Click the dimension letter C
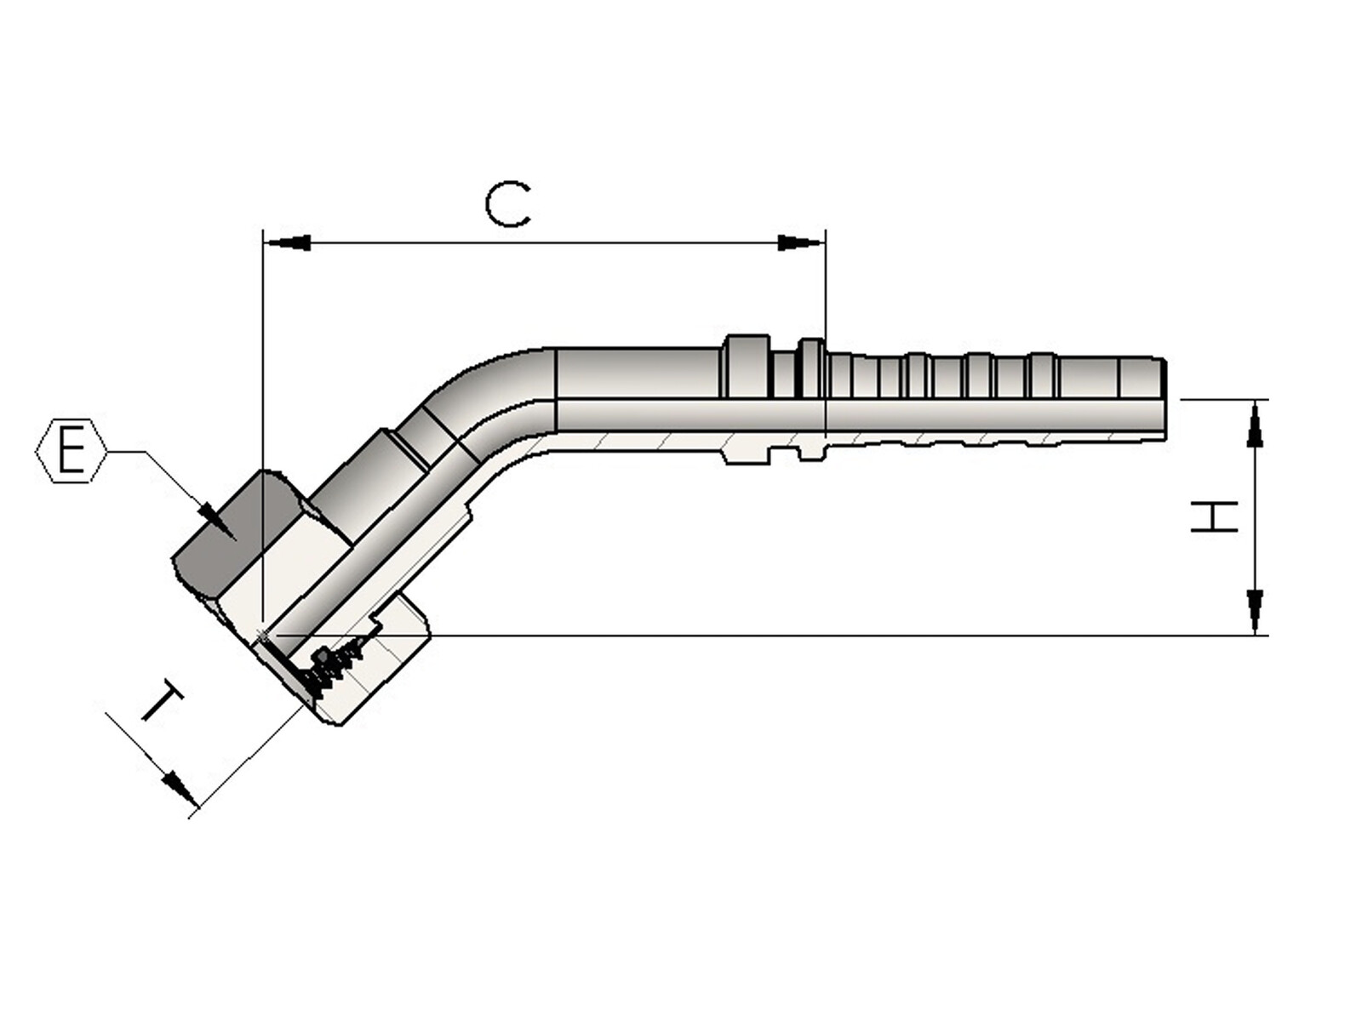tap(507, 204)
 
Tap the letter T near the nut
tap(163, 700)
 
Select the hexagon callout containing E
tap(71, 451)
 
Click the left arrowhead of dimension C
tap(287, 243)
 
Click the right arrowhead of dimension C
tap(802, 243)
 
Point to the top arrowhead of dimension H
tap(1255, 424)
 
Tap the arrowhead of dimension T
tap(180, 789)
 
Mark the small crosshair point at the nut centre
tap(263, 635)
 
